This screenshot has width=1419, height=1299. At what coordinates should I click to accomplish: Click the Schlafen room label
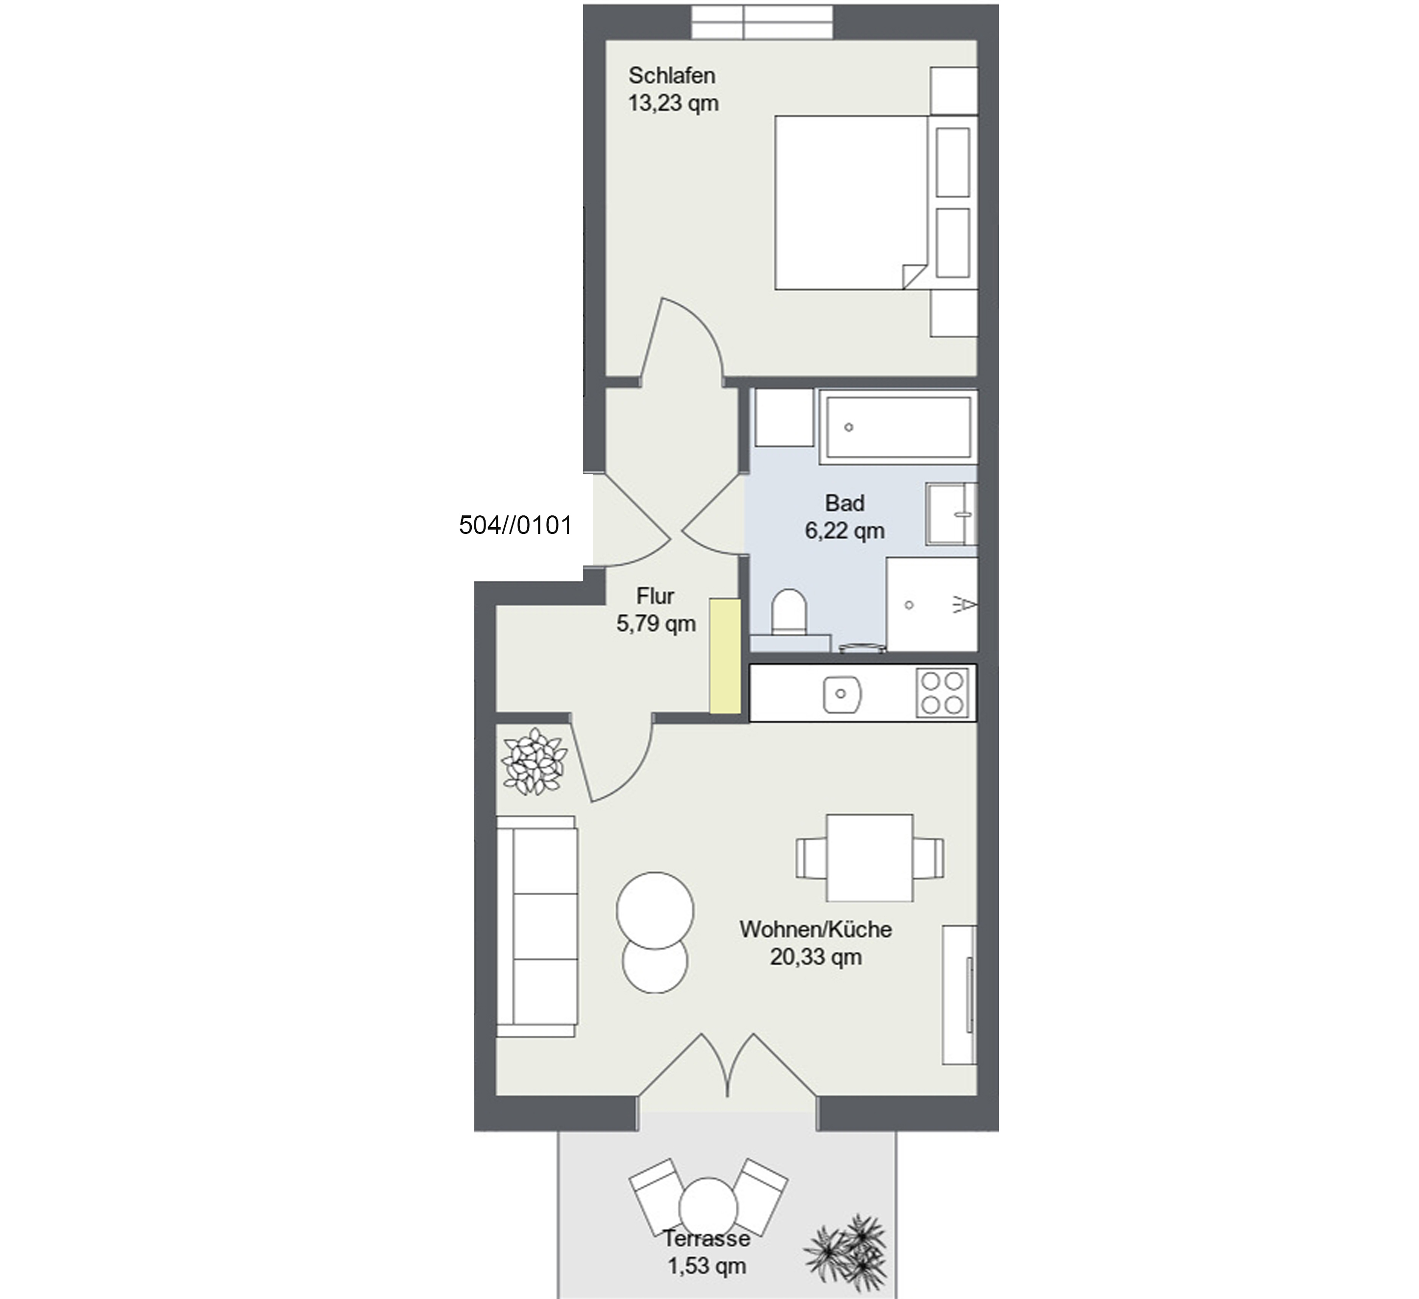coord(672,75)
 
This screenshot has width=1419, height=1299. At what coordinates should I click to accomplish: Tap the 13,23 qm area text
coord(673,103)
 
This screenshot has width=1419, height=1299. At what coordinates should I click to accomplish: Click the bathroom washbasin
coord(952,514)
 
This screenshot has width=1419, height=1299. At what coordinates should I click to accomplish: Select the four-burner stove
coord(942,693)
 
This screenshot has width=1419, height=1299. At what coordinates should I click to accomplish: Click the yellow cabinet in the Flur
coord(725,656)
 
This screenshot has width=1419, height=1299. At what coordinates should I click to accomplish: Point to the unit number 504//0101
coord(515,525)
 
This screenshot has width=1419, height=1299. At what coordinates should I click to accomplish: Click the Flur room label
coord(655,596)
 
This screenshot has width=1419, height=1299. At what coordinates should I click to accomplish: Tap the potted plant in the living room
coord(534,762)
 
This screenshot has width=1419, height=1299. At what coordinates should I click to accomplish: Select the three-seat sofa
coord(537,926)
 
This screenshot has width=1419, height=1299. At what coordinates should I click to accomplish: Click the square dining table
coord(870,858)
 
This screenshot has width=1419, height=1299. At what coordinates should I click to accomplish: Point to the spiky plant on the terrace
coord(845,1248)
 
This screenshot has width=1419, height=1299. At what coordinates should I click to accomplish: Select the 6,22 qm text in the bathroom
coord(845,531)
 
